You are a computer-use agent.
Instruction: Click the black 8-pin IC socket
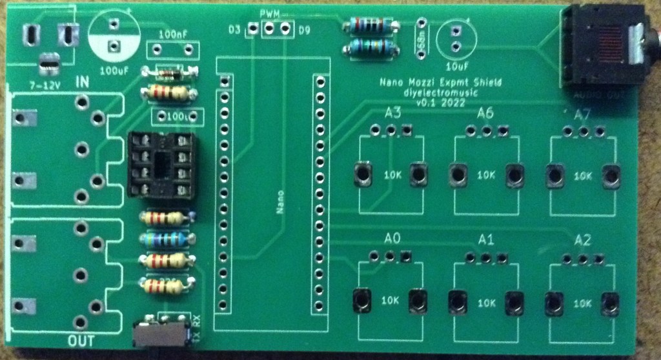point(161,165)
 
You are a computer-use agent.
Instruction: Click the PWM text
point(270,14)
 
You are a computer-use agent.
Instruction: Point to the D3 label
point(235,29)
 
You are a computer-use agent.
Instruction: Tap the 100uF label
point(114,70)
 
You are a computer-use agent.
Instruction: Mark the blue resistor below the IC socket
point(166,240)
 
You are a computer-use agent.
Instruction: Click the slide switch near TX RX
point(159,335)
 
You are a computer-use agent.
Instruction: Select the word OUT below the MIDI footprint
point(82,340)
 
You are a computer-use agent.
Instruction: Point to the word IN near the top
point(83,82)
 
